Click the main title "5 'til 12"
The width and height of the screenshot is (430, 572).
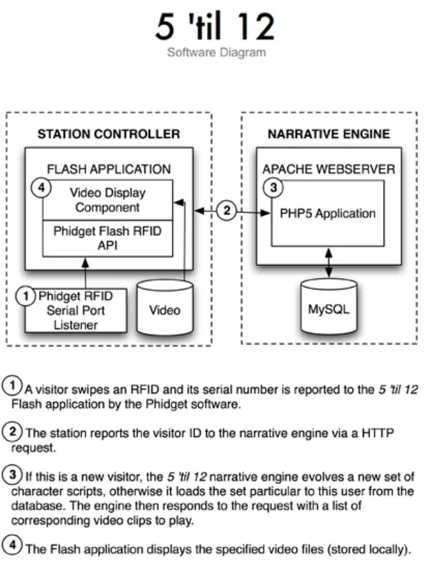coord(215,27)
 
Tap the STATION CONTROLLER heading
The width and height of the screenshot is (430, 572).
coord(109,134)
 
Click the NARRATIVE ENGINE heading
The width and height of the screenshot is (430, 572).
coord(329,134)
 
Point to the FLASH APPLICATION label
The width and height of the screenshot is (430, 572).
coord(109,169)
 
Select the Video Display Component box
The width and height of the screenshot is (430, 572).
coord(107,200)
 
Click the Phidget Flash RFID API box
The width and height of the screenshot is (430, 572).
coord(107,237)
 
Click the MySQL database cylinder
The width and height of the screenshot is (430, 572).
coord(329,310)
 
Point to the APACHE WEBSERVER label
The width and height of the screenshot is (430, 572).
coord(329,169)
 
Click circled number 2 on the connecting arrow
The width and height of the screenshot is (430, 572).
coord(227,211)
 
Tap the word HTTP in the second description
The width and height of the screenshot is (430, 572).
coord(381,433)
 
